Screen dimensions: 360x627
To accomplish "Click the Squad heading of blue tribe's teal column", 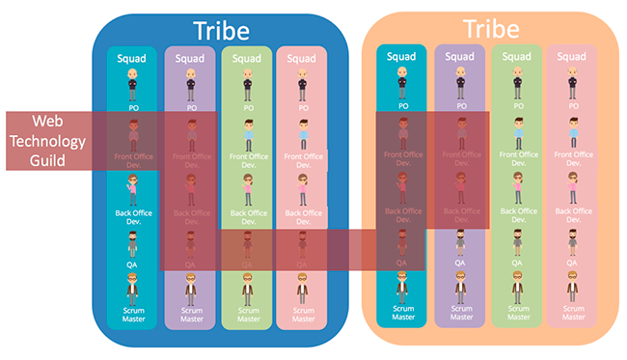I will point(131,58).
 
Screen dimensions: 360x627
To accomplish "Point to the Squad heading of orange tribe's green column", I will point(516,57).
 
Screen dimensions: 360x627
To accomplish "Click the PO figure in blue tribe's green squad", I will point(247,81).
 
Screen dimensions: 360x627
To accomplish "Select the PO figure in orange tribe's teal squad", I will point(401,81).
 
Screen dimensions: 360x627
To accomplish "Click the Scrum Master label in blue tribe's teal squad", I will point(132,314).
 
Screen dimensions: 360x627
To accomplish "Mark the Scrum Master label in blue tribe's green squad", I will point(248,314).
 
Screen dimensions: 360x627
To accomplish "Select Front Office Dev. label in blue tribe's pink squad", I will point(303,158).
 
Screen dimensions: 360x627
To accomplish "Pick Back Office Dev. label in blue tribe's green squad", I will point(248,216).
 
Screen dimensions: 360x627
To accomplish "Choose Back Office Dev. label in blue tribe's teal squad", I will point(132,216).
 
